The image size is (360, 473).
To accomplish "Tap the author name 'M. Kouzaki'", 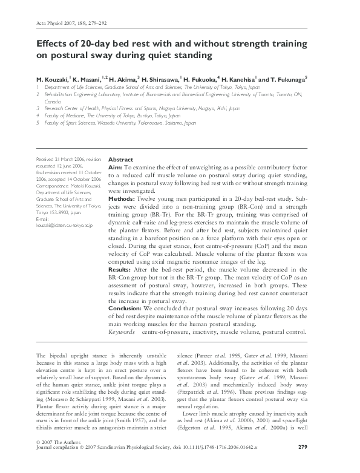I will [x=53, y=79].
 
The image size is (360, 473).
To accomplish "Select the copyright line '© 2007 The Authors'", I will [x=58, y=457].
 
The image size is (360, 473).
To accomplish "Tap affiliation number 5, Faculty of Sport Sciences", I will [x=115, y=123].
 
